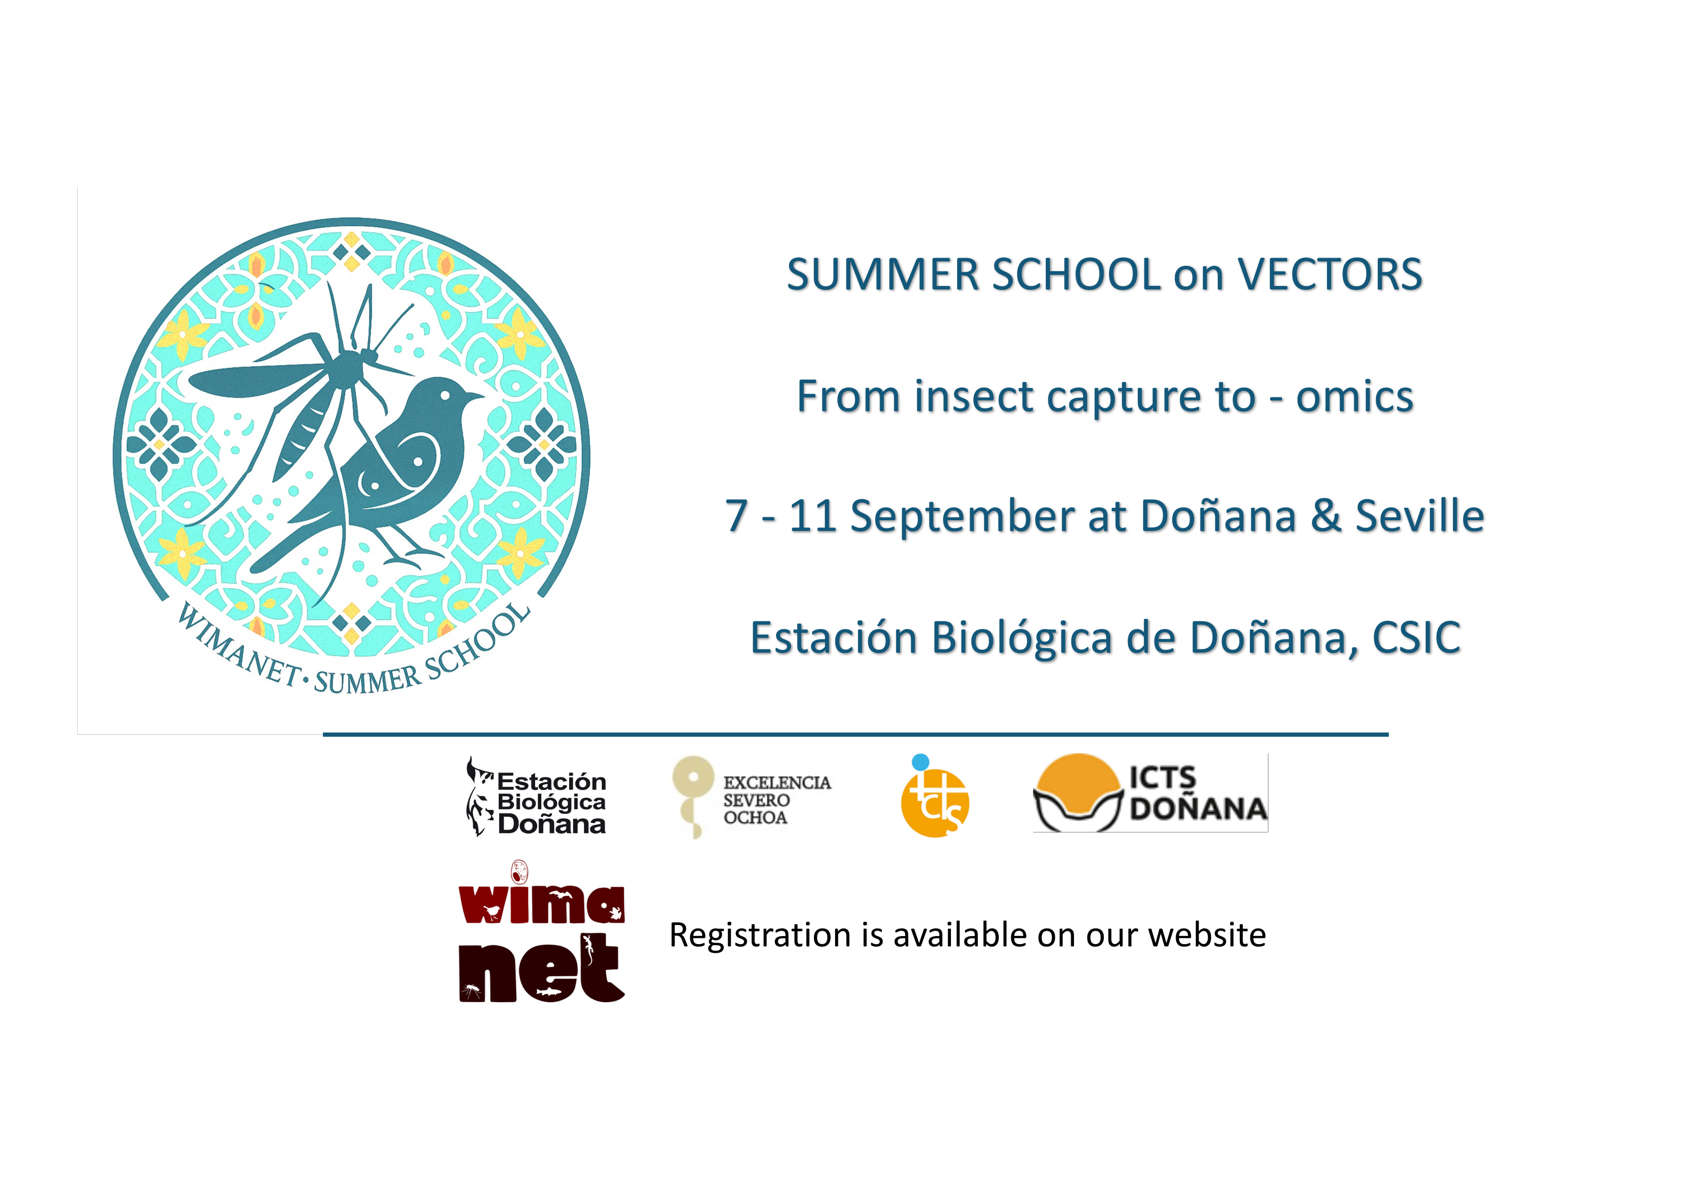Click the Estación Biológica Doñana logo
pyautogui.click(x=537, y=797)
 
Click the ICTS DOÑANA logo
pyautogui.click(x=1150, y=793)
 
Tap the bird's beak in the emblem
pyautogui.click(x=474, y=398)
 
